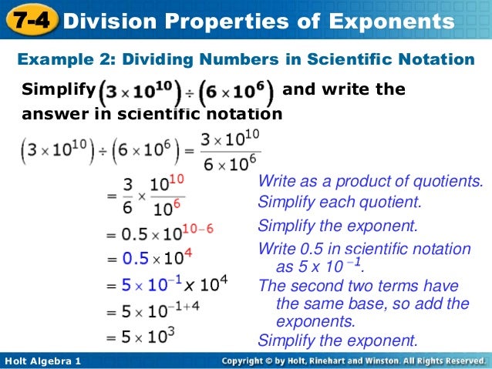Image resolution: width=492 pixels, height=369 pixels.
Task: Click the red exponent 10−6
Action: click(x=197, y=229)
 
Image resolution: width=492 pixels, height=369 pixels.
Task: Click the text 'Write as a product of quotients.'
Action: click(x=370, y=182)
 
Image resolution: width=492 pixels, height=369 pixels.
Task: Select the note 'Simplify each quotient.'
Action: click(x=340, y=203)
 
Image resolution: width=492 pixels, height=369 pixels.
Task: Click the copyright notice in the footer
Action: click(x=352, y=361)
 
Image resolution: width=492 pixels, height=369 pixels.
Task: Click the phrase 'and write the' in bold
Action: click(x=344, y=89)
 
